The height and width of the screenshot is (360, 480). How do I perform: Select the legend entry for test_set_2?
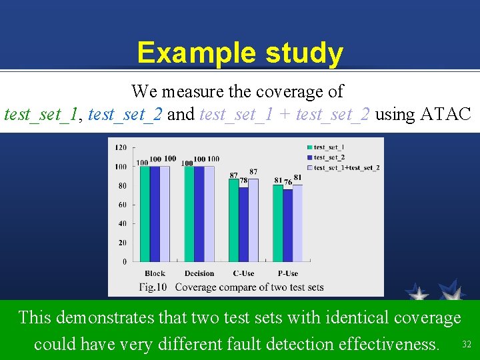tap(329, 157)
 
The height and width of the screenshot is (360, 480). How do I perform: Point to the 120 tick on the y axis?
tap(121, 147)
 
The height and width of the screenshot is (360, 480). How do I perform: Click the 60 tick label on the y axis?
tap(122, 205)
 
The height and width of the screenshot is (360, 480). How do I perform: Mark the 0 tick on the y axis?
tap(124, 262)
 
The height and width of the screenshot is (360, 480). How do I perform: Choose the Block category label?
tap(155, 273)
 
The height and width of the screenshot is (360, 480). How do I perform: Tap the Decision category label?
tap(199, 273)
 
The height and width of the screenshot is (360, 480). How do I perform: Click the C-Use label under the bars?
tap(243, 273)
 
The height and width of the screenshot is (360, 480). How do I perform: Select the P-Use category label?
tap(287, 273)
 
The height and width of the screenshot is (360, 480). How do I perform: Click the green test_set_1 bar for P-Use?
tap(278, 223)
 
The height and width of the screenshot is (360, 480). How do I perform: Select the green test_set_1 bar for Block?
tap(145, 213)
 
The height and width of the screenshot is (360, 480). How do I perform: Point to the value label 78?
tap(244, 181)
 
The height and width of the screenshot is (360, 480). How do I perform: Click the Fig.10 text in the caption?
tap(153, 287)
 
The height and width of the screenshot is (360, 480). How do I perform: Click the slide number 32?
tap(466, 345)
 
